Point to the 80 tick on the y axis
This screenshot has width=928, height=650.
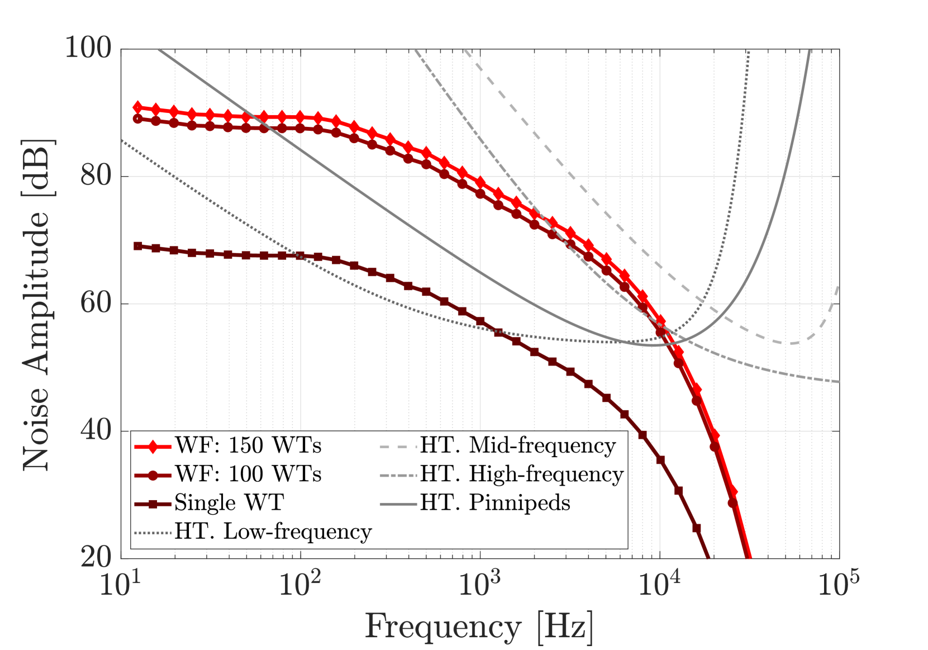tap(96, 175)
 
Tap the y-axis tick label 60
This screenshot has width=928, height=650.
tap(96, 303)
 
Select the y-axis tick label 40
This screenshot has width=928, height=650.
tap(96, 430)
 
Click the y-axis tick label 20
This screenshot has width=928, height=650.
tap(96, 557)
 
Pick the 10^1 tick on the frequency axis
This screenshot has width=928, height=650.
tap(120, 584)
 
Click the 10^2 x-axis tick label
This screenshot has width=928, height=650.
tap(299, 584)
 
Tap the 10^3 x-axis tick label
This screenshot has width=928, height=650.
tap(479, 584)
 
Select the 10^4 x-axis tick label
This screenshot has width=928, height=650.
tap(659, 584)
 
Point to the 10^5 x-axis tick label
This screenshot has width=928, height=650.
tap(839, 584)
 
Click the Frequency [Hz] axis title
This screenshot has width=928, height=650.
tap(479, 627)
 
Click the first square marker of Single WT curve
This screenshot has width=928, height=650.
tap(138, 246)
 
